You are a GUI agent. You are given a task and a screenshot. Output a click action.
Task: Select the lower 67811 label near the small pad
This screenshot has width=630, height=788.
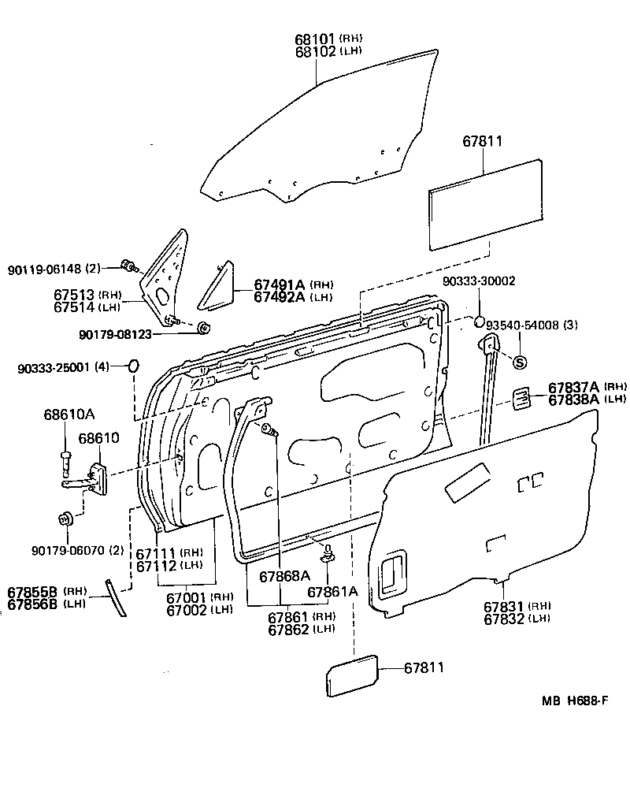(x=424, y=667)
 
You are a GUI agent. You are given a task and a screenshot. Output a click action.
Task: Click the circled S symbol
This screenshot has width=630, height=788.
(x=519, y=362)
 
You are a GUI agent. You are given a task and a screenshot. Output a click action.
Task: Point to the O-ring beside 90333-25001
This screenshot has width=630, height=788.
(x=133, y=366)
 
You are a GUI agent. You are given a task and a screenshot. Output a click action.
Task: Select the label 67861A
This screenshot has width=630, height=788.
(x=332, y=592)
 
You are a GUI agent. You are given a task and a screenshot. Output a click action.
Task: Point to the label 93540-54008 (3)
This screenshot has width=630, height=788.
(x=532, y=324)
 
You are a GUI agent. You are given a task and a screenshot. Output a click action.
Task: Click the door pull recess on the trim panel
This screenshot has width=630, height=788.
(x=391, y=575)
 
